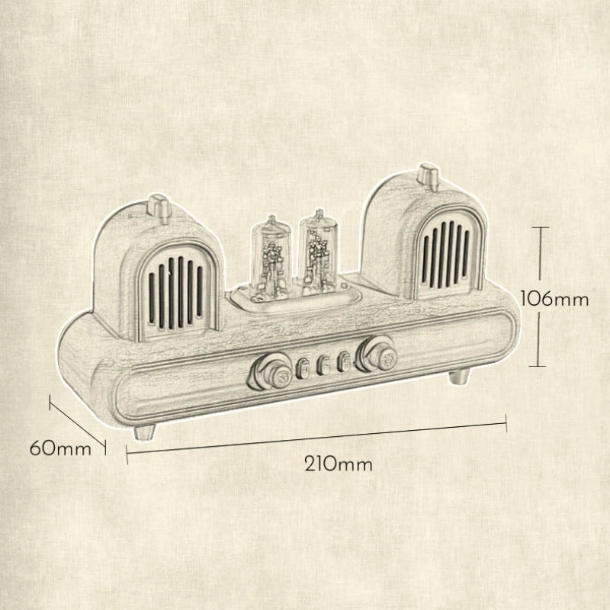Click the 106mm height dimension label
(554, 300)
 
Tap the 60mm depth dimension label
(60, 448)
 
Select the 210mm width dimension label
(338, 464)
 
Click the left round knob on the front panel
(271, 372)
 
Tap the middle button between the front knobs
(323, 365)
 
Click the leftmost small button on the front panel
(302, 369)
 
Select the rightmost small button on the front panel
(344, 361)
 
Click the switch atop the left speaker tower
(159, 208)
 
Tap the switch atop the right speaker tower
(429, 178)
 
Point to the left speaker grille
(175, 291)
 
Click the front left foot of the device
(144, 432)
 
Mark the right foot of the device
(459, 376)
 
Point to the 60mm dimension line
(78, 425)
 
